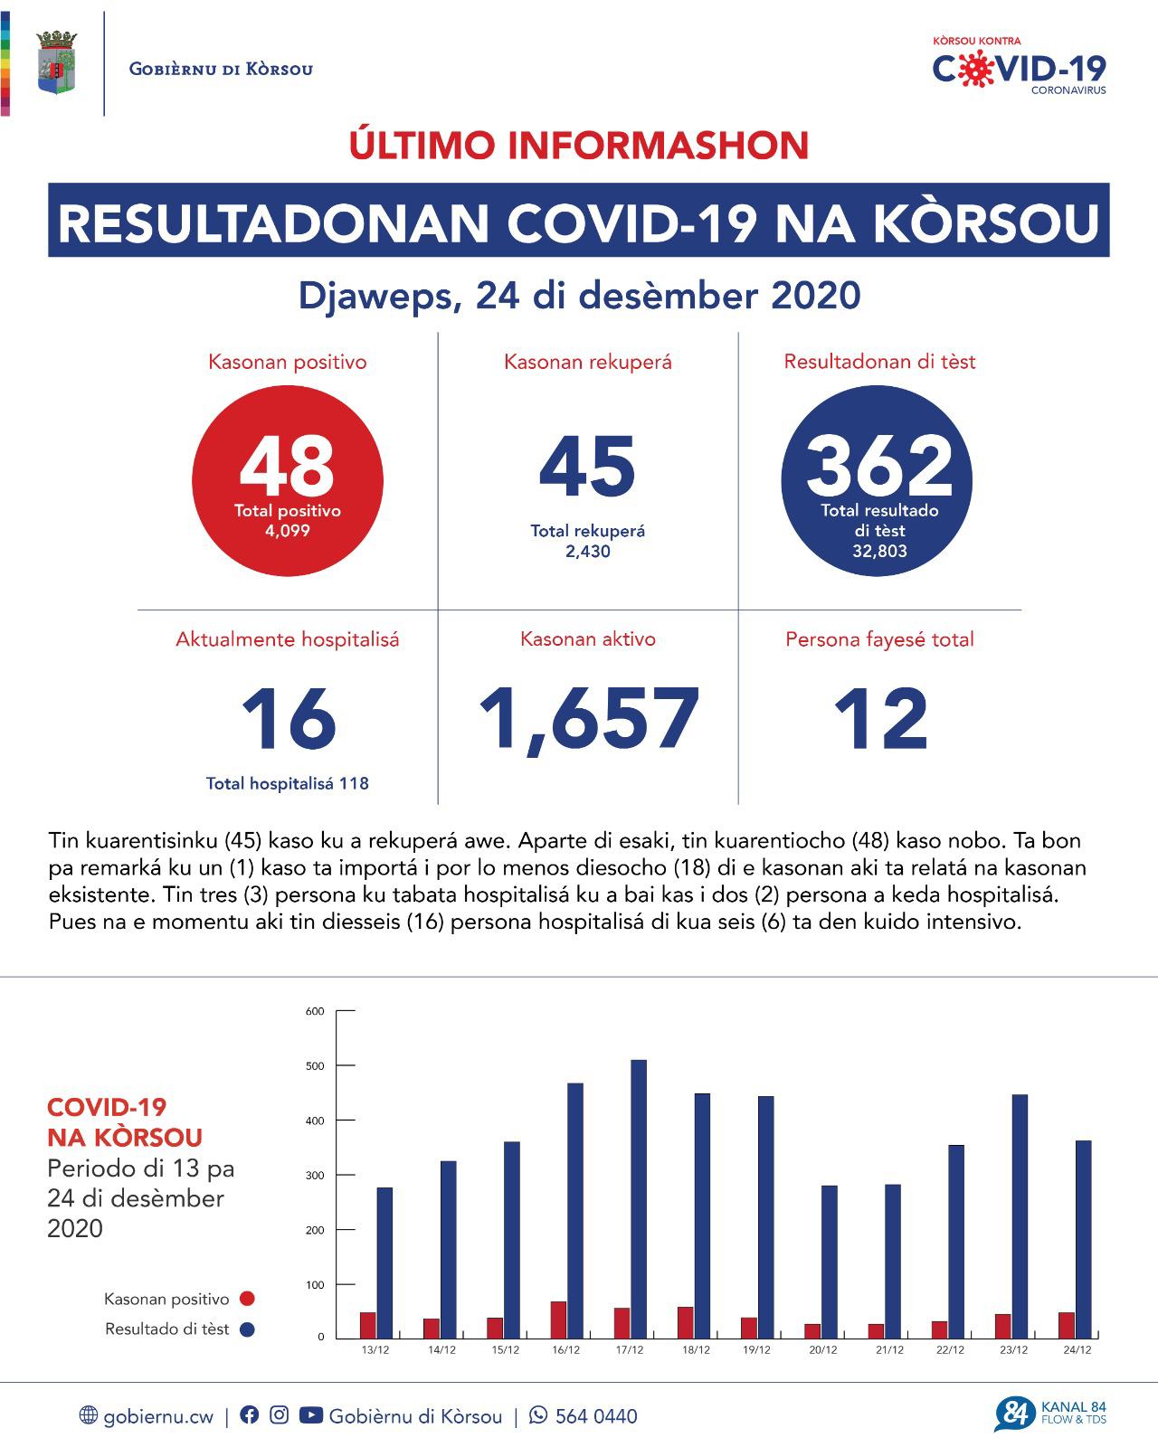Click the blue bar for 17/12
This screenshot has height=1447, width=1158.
coord(639,1198)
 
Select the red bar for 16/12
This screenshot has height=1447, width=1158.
coord(559,1319)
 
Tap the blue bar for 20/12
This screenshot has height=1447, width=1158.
coord(829,1262)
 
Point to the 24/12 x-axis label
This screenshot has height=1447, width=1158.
coord(1077,1350)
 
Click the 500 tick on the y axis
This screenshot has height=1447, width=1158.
coord(315,1066)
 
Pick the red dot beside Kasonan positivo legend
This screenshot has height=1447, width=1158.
coord(247,1299)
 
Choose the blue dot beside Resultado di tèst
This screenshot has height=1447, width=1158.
coord(247,1329)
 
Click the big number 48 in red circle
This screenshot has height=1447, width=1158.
coord(287,467)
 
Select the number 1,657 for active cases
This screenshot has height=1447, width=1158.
coord(588,720)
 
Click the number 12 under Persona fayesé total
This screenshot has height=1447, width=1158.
coord(879,720)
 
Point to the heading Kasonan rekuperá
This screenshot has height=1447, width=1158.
coord(588,363)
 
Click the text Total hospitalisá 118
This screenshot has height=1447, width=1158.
coord(287,784)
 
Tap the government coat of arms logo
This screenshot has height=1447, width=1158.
coord(56,63)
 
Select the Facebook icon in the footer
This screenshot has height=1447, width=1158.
coord(250,1415)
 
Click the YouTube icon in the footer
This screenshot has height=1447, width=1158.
coord(310,1415)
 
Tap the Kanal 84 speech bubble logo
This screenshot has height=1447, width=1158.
coord(1015,1414)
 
